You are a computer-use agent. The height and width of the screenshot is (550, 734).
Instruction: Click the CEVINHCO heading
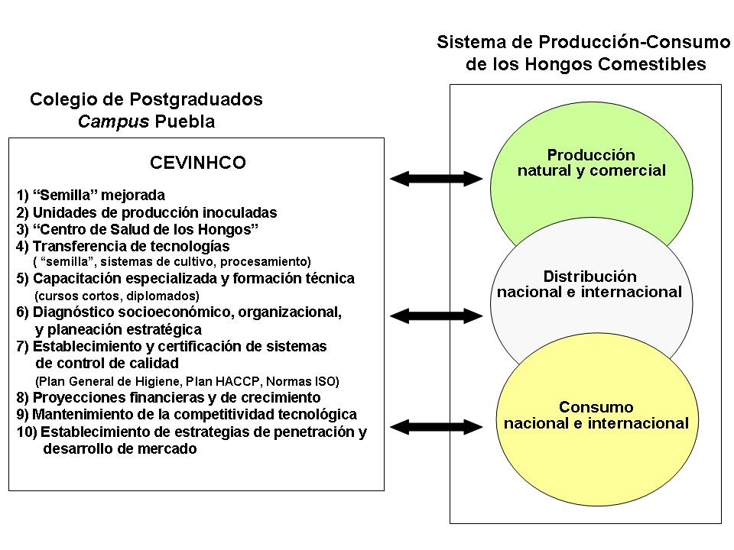pyautogui.click(x=196, y=162)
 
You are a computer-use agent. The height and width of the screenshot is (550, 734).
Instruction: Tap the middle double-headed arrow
pyautogui.click(x=437, y=315)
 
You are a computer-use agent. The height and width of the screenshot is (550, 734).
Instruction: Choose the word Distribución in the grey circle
pyautogui.click(x=589, y=277)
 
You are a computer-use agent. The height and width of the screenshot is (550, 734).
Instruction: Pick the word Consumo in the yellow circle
pyautogui.click(x=596, y=406)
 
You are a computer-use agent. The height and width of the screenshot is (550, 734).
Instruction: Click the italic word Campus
pyautogui.click(x=114, y=121)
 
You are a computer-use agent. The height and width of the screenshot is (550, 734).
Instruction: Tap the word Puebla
pyautogui.click(x=185, y=121)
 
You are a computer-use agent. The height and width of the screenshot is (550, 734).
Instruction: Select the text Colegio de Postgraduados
pyautogui.click(x=146, y=99)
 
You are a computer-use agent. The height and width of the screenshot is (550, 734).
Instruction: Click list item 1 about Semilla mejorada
pyautogui.click(x=91, y=195)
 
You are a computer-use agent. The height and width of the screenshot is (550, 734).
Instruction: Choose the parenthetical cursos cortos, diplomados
pyautogui.click(x=117, y=296)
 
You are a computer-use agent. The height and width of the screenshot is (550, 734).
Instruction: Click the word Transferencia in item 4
pyautogui.click(x=80, y=246)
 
